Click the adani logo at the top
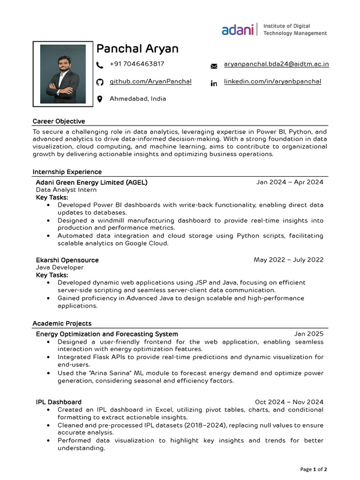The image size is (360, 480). pyautogui.click(x=237, y=30)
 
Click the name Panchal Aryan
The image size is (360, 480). pyautogui.click(x=137, y=49)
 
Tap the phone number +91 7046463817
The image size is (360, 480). pyautogui.click(x=137, y=64)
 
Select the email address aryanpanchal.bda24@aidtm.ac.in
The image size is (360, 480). pyautogui.click(x=276, y=64)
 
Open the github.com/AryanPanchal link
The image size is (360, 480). pyautogui.click(x=150, y=82)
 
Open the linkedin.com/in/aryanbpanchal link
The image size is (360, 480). pyautogui.click(x=272, y=82)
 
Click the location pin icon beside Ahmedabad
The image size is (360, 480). pyautogui.click(x=99, y=99)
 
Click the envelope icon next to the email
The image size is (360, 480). pyautogui.click(x=214, y=66)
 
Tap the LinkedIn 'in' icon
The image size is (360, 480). pyautogui.click(x=214, y=83)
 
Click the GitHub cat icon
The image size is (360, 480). pyautogui.click(x=99, y=82)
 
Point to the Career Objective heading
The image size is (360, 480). pyautogui.click(x=59, y=121)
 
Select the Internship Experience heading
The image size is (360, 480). pyautogui.click(x=67, y=172)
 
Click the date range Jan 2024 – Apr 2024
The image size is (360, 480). pyautogui.click(x=290, y=182)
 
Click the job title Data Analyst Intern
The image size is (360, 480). pyautogui.click(x=66, y=190)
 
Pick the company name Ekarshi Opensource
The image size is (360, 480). pyautogui.click(x=67, y=260)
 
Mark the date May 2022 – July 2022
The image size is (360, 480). pyautogui.click(x=288, y=260)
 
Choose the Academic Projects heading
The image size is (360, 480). pyautogui.click(x=62, y=324)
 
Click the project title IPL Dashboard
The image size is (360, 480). pyautogui.click(x=59, y=402)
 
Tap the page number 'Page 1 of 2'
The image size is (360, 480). pyautogui.click(x=314, y=469)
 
